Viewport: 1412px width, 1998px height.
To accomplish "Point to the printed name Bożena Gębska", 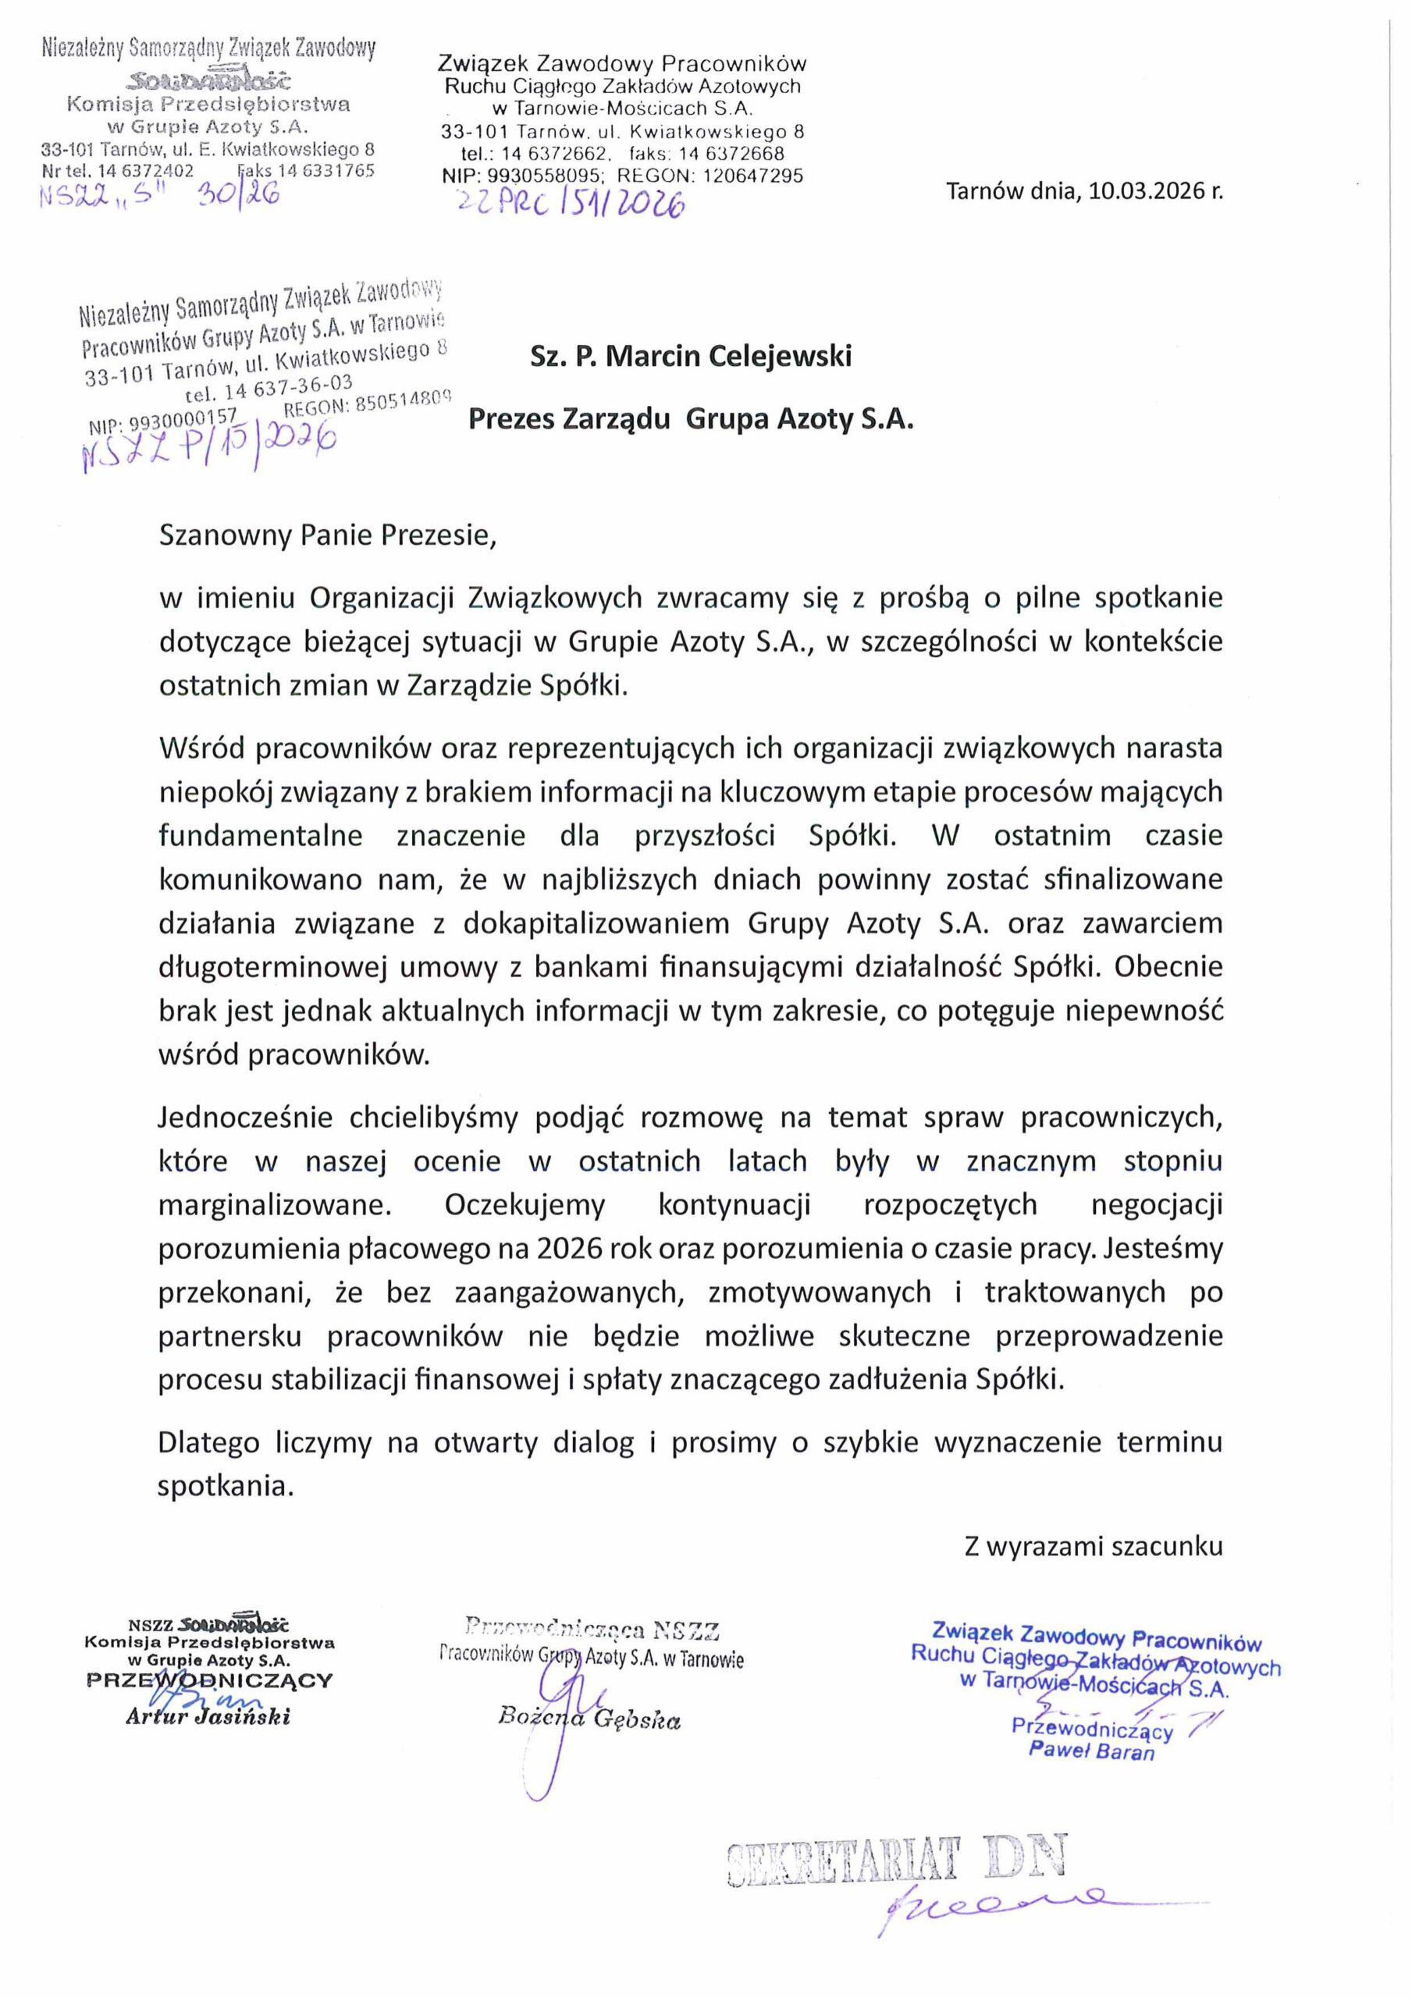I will [x=589, y=1719].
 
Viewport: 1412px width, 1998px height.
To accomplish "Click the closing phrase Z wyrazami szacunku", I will [x=1093, y=1545].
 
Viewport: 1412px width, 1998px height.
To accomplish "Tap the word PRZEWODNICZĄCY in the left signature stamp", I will [x=210, y=1679].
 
